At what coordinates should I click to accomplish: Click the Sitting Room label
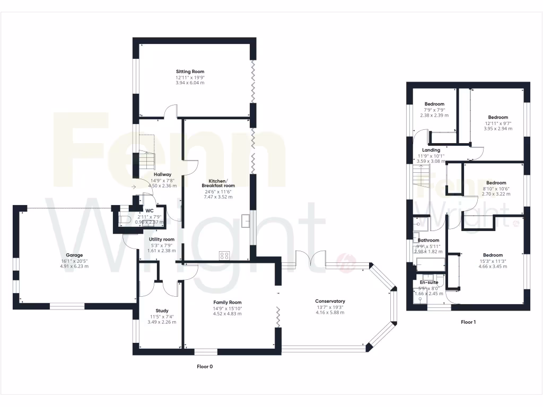pos(190,72)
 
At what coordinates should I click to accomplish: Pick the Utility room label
pos(161,239)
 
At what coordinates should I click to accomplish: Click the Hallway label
pos(162,174)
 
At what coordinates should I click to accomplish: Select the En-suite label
pos(429,282)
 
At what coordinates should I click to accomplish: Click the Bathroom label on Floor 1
pos(428,240)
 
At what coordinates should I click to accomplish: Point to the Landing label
pos(431,150)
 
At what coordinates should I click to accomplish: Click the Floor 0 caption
pos(205,366)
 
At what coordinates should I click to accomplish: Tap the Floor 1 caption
pos(468,322)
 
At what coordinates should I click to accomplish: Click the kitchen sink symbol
pos(245,220)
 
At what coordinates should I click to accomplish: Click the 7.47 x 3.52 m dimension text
pos(217,197)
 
